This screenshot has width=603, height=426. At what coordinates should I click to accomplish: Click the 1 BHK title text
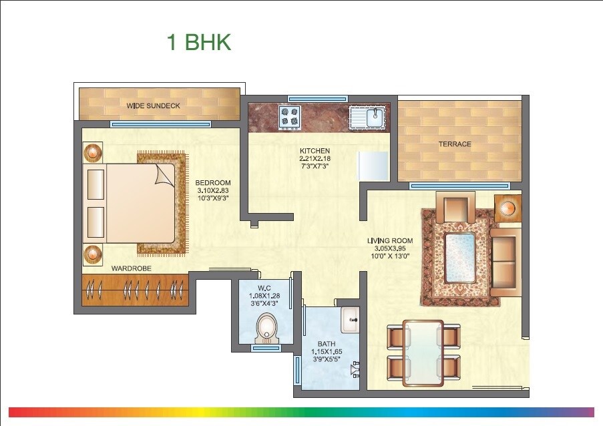coord(198,43)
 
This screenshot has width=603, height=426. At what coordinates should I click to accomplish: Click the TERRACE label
coord(455,144)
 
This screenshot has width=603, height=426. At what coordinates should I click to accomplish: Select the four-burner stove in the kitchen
coord(290,117)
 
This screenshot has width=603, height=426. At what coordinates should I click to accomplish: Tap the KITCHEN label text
coord(315,151)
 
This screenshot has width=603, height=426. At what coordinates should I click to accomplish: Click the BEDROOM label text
coord(213,183)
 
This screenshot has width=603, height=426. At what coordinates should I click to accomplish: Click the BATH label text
coord(327,345)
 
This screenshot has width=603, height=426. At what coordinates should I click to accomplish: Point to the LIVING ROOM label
coord(390,241)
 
